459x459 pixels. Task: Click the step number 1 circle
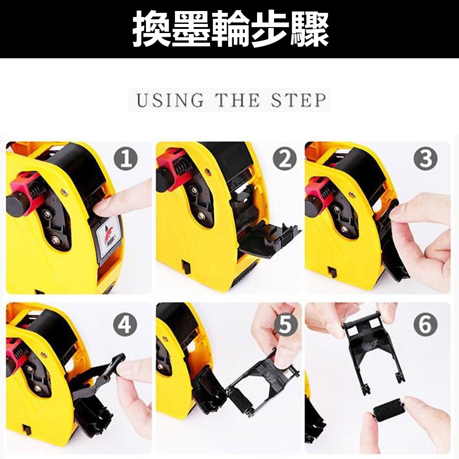pyautogui.click(x=126, y=159)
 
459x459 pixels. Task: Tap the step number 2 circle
pyautogui.click(x=285, y=159)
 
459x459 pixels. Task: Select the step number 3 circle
pyautogui.click(x=425, y=159)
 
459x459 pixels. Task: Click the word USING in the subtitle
pyautogui.click(x=170, y=100)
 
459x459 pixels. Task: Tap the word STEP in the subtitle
pyautogui.click(x=298, y=100)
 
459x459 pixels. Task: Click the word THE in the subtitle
pyautogui.click(x=238, y=100)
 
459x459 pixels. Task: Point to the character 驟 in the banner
pyautogui.click(x=309, y=28)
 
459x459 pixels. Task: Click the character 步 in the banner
pyautogui.click(x=270, y=28)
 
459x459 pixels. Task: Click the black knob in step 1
pyautogui.click(x=17, y=204)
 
